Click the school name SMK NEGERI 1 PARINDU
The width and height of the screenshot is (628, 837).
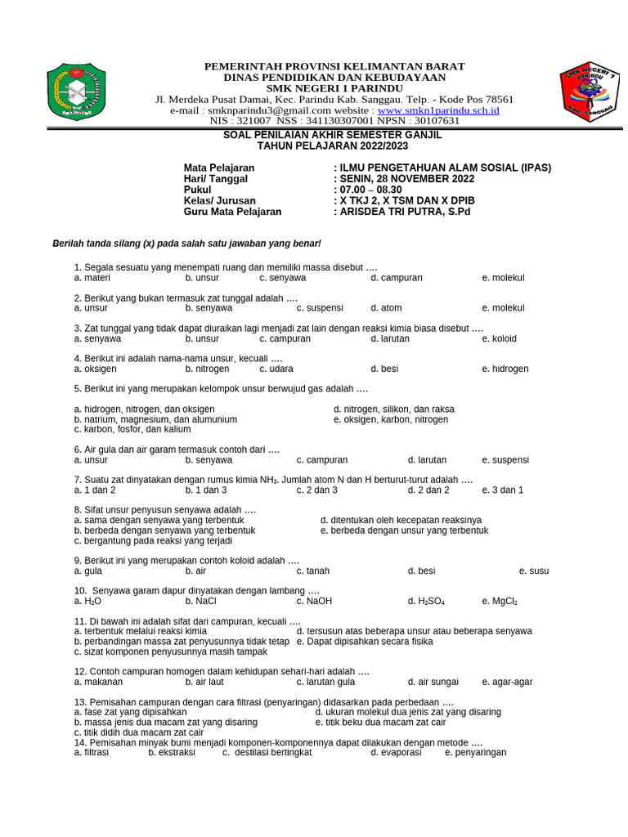[334, 88]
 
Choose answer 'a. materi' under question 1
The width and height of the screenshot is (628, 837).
[92, 278]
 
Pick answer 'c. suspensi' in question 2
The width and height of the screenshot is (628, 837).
[319, 308]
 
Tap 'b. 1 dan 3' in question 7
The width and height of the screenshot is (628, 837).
[205, 490]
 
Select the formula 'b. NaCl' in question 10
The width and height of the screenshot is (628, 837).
[200, 601]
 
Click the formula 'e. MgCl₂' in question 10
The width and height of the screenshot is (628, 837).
[500, 601]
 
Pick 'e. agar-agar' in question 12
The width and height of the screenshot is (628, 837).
[507, 682]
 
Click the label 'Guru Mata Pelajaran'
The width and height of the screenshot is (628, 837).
[232, 211]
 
